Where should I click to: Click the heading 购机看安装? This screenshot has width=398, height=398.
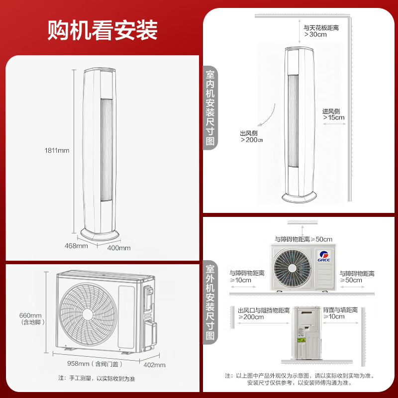coord(102,30)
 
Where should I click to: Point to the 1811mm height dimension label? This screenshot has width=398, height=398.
coord(57,150)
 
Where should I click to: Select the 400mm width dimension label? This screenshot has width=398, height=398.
coord(119,248)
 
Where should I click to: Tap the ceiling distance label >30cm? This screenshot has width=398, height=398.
coord(321,31)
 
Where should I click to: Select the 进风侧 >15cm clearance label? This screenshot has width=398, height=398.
coord(333,114)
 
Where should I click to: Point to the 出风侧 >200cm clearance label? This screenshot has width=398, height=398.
coord(251,137)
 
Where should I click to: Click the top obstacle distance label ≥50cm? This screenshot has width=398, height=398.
coord(303,239)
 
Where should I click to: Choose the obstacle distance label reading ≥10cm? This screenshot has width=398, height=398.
coord(247,277)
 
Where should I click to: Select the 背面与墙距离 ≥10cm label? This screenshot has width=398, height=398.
coord(340,313)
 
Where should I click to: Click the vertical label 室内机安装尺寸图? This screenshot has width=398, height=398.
coord(210,107)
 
